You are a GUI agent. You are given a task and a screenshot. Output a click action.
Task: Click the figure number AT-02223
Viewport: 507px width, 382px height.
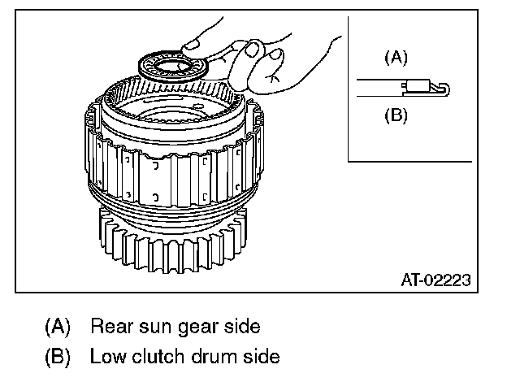pos(436,280)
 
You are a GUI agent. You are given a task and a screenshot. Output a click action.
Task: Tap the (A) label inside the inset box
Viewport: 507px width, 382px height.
pos(395,58)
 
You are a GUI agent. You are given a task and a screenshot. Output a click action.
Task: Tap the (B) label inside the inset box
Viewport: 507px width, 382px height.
pos(395,115)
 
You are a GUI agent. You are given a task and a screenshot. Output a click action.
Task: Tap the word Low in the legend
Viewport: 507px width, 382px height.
pos(106,356)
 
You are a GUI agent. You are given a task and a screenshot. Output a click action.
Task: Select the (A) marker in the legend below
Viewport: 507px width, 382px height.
pos(57,326)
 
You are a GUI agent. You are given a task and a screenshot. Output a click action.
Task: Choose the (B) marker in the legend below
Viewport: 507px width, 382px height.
pos(57,356)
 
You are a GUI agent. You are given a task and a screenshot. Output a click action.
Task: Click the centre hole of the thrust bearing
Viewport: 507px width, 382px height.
pos(171,63)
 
